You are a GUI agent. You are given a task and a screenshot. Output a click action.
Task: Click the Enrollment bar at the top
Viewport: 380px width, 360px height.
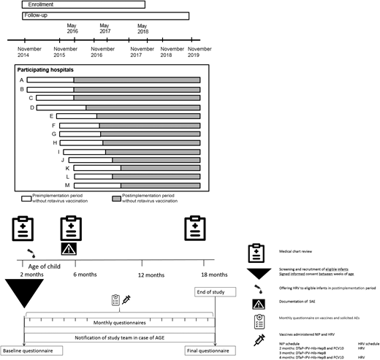click(83, 4)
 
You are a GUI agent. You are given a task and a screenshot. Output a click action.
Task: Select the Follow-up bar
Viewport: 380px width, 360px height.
click(105, 15)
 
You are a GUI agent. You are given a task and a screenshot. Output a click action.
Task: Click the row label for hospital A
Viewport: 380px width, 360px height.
click(22, 80)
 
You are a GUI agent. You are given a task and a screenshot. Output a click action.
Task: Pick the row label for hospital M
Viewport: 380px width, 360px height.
click(69, 185)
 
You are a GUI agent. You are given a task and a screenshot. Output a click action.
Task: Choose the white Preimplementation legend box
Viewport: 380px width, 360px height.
click(26, 197)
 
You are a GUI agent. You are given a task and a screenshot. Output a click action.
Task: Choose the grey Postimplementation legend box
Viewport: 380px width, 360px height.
click(117, 197)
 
